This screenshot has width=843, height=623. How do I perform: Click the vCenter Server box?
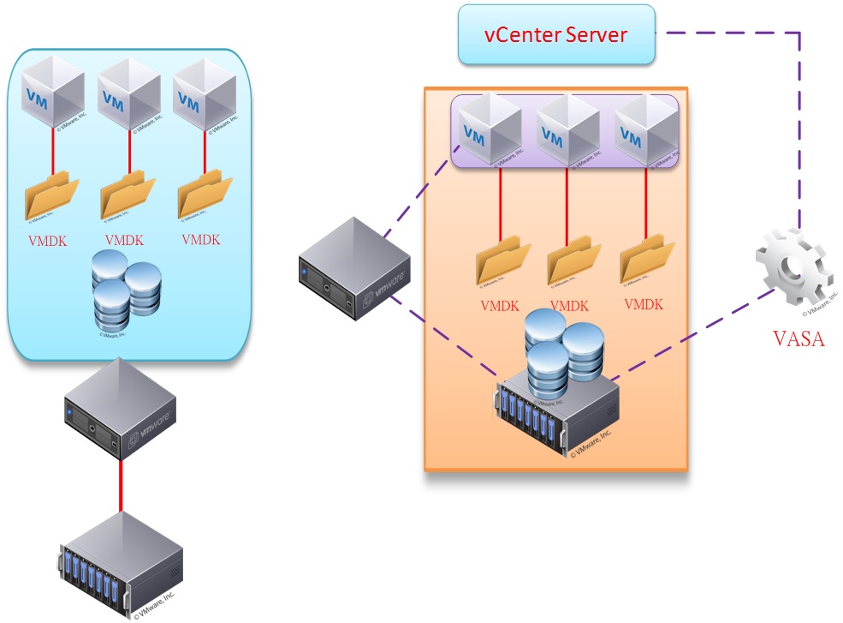click(556, 34)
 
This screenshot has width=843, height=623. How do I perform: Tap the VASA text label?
click(798, 338)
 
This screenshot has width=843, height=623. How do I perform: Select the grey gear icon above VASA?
click(793, 270)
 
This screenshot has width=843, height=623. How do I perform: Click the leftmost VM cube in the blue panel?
click(53, 93)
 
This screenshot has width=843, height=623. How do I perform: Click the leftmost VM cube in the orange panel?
click(484, 130)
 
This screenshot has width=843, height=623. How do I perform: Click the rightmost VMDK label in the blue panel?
click(201, 240)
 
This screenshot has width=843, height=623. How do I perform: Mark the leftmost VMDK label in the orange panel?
click(499, 306)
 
